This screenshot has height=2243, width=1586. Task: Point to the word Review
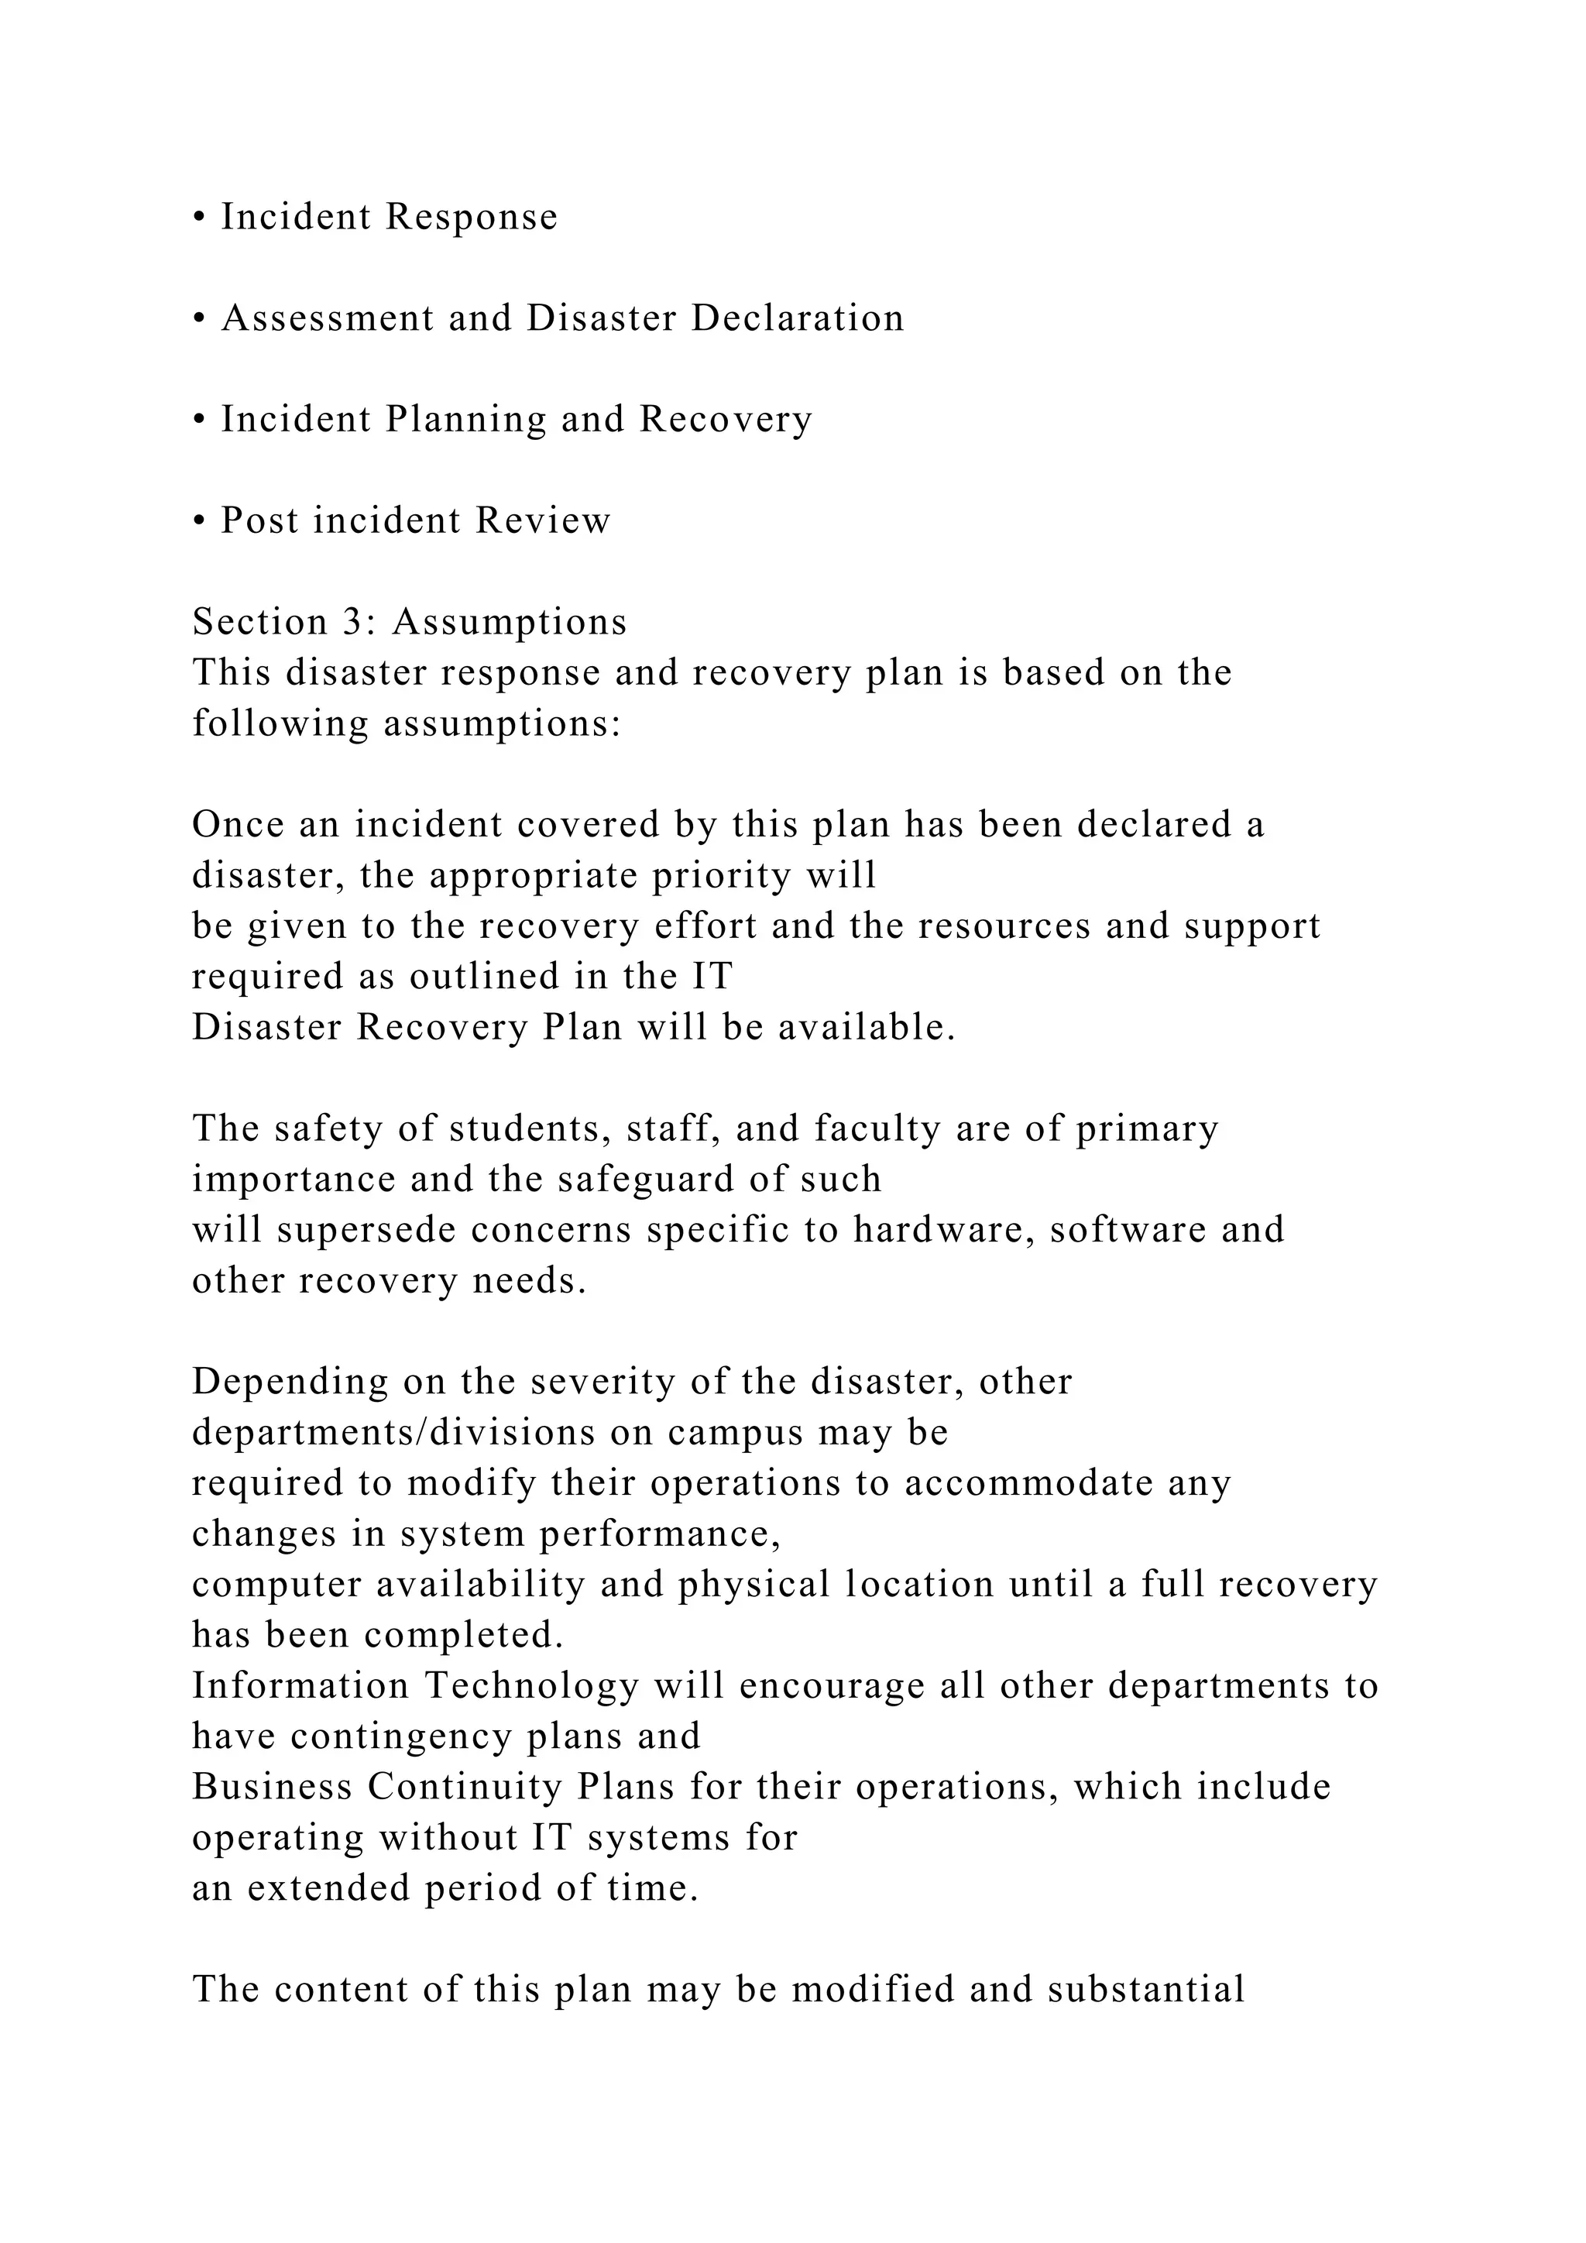pyautogui.click(x=543, y=520)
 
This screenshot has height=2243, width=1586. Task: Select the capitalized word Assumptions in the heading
pyautogui.click(x=510, y=622)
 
